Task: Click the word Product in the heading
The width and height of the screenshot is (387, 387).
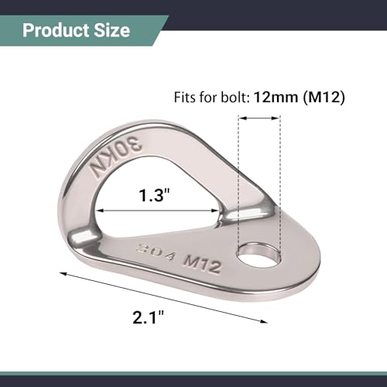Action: (56, 31)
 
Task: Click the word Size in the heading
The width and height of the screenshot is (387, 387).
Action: (111, 31)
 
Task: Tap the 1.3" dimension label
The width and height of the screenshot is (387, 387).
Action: (154, 195)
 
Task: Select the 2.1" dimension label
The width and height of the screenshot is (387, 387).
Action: (148, 317)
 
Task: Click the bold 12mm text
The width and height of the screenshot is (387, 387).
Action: (276, 98)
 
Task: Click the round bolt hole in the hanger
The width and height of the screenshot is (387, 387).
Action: (259, 255)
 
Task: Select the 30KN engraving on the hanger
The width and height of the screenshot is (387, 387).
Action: (116, 157)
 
